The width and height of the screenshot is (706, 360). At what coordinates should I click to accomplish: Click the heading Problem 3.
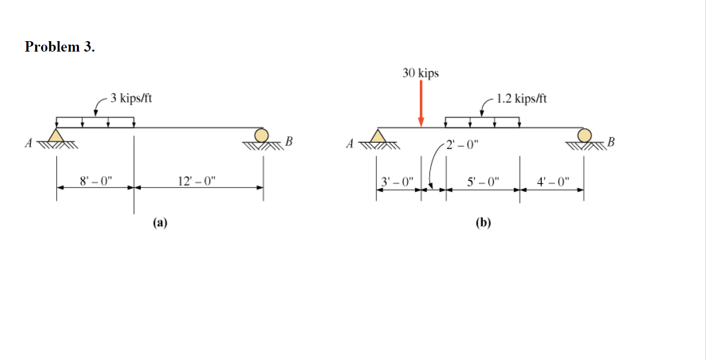(x=60, y=47)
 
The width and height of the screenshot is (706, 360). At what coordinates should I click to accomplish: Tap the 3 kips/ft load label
(x=131, y=98)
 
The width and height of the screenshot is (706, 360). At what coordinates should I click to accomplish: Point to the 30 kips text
(x=421, y=73)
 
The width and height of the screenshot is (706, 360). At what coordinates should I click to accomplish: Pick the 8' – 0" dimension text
(x=97, y=180)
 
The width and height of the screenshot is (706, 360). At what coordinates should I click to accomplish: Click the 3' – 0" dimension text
(x=397, y=180)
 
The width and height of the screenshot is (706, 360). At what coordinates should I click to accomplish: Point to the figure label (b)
(x=483, y=223)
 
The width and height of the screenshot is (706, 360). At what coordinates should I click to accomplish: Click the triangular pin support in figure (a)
(x=57, y=135)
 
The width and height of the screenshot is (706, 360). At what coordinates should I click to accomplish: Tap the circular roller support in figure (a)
(x=261, y=135)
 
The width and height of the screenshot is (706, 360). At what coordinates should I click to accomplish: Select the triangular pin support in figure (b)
(x=379, y=135)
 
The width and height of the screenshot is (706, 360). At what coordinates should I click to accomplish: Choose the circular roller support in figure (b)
(x=584, y=135)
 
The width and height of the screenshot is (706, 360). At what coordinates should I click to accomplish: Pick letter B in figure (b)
(x=611, y=143)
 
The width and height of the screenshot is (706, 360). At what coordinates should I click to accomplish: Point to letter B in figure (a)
(x=290, y=143)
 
